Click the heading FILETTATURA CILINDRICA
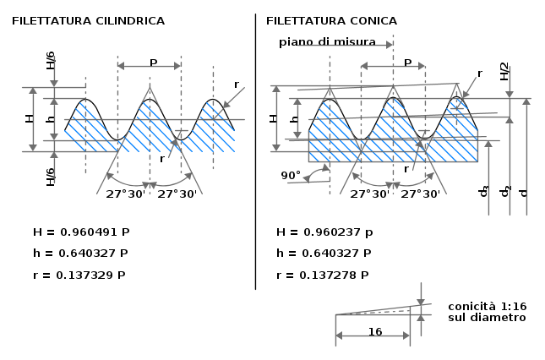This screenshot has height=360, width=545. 88,21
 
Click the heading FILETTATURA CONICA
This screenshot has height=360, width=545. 331,21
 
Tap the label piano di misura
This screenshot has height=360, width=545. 327,42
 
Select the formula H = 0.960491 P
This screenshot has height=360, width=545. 81,232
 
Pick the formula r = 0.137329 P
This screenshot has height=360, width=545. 79,275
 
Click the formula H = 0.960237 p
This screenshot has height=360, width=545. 324,232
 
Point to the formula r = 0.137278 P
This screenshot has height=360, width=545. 323,275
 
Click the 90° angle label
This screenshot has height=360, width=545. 291,176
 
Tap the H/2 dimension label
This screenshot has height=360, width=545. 504,72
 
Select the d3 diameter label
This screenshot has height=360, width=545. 484,192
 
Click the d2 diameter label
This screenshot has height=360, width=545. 505,192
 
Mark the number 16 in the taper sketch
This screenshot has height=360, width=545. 375,332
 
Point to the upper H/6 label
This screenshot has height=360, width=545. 51,61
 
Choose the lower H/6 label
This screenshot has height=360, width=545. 51,177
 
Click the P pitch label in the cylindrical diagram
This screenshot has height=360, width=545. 153,63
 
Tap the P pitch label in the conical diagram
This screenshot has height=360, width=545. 408,63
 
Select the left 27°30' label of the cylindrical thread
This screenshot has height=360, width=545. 125,194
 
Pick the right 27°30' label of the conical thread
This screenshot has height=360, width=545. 421,194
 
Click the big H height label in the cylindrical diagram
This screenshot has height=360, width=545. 30,118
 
